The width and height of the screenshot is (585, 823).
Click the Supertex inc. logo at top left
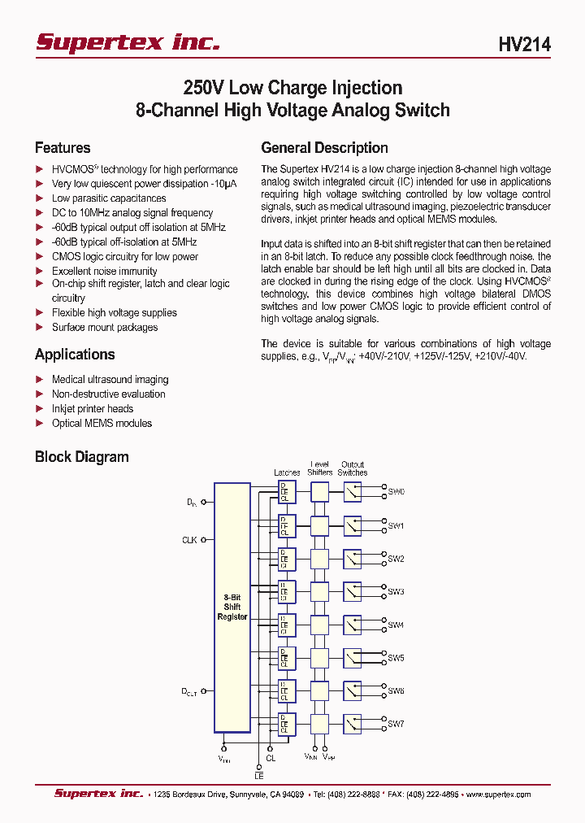click(x=128, y=42)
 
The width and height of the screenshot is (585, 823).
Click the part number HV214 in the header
click(x=524, y=46)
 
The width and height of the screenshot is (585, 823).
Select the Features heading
click(x=63, y=148)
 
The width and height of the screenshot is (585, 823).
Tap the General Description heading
click(x=324, y=148)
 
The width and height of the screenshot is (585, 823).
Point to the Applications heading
click(x=75, y=355)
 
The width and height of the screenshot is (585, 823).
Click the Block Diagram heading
click(x=81, y=457)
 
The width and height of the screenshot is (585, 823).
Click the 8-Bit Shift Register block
click(x=232, y=607)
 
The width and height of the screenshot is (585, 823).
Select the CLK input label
click(x=189, y=539)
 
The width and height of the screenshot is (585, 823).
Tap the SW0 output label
click(x=396, y=492)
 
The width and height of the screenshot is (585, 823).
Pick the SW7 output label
click(x=396, y=724)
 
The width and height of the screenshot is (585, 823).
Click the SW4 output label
click(x=396, y=625)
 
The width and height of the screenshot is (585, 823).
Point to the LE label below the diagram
click(x=259, y=777)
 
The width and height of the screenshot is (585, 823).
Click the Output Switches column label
click(x=353, y=468)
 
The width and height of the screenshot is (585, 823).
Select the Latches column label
click(x=287, y=472)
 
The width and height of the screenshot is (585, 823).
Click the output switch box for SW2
click(x=352, y=559)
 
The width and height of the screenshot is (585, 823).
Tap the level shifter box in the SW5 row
click(x=320, y=658)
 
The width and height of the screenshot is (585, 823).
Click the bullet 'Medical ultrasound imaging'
click(x=110, y=380)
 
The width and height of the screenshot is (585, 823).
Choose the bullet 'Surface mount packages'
click(x=105, y=328)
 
